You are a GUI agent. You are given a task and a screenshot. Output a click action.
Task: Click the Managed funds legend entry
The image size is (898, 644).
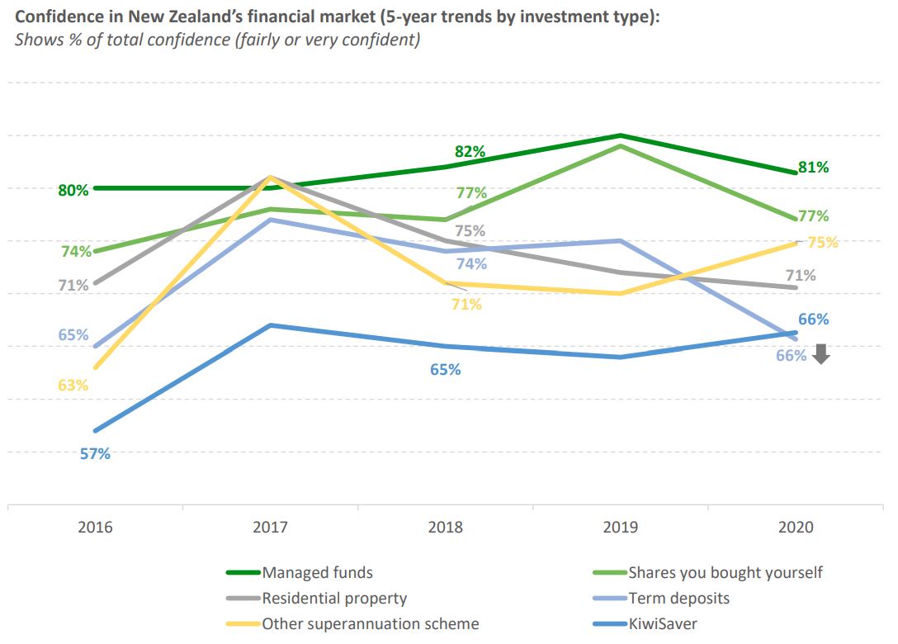coord(317,572)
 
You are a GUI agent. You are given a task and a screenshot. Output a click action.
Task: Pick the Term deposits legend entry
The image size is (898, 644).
coord(678,598)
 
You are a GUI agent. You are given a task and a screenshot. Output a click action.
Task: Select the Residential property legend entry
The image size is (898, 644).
coord(334,598)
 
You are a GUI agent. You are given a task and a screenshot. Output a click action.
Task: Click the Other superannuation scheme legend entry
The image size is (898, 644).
coord(370,623)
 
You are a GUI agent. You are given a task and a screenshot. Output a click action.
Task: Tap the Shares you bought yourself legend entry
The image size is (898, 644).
coord(725,572)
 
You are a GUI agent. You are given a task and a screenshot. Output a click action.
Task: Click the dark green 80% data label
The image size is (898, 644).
coord(73,190)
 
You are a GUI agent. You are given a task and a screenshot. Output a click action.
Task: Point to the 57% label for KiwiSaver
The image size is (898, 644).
coord(95,453)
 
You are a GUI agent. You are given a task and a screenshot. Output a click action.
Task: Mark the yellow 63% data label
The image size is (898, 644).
coord(73,385)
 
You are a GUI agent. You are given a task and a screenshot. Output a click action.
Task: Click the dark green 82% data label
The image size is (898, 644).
coord(470,152)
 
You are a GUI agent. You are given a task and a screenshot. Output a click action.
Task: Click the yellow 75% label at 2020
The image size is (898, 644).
coord(823,243)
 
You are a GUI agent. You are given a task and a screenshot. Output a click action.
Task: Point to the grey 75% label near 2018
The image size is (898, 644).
coord(470,231)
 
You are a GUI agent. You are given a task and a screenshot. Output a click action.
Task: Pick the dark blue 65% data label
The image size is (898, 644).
coord(446,370)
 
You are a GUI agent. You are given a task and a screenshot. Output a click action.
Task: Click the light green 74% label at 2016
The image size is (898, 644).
coord(76,252)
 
